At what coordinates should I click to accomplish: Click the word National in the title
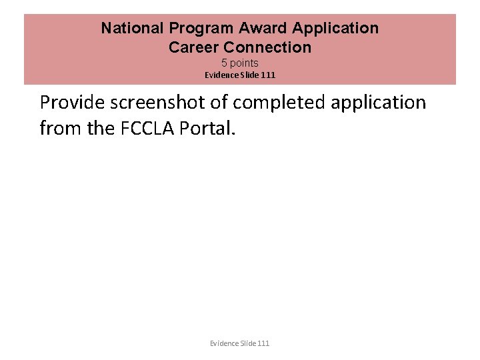tap(133, 29)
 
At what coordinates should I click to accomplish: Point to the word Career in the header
tap(193, 47)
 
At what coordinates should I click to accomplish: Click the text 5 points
tap(239, 63)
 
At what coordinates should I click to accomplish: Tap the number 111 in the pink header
tap(268, 75)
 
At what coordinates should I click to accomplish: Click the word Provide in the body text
tap(73, 103)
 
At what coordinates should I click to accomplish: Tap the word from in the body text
tap(58, 127)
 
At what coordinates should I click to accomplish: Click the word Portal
tap(210, 127)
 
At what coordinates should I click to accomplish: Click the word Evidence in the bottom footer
tap(225, 343)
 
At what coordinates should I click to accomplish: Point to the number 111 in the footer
tap(264, 343)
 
